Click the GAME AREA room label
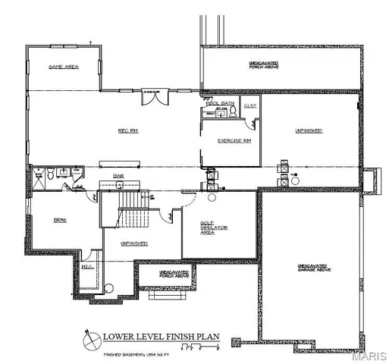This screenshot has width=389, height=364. (x=64, y=67)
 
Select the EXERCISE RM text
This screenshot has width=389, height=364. (x=234, y=141)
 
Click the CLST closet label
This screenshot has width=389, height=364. (x=250, y=106)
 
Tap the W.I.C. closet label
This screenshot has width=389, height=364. (x=88, y=266)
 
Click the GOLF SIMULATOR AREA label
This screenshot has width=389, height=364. (x=210, y=227)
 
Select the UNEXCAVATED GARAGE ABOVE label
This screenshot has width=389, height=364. (x=312, y=268)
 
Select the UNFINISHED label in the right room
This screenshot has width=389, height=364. (x=309, y=131)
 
